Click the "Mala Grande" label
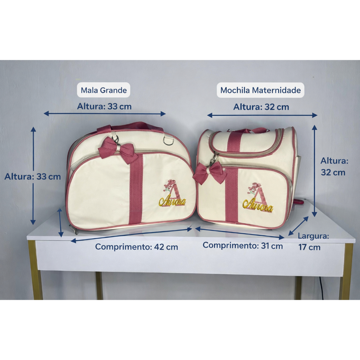pos(104,90)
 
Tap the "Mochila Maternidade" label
pos(261,90)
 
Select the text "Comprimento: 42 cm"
pos(136,247)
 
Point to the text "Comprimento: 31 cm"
pos(243,246)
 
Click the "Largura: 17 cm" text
pos(313,242)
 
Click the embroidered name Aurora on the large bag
pos(172,201)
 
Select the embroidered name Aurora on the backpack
pos(258,206)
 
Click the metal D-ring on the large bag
pos(169,141)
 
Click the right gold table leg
pos(346,271)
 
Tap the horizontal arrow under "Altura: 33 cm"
pos(104,114)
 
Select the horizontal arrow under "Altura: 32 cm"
pos(262,115)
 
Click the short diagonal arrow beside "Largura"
pos(298,226)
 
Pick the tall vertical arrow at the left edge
pos(33,176)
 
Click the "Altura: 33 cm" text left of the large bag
pos(33,176)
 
